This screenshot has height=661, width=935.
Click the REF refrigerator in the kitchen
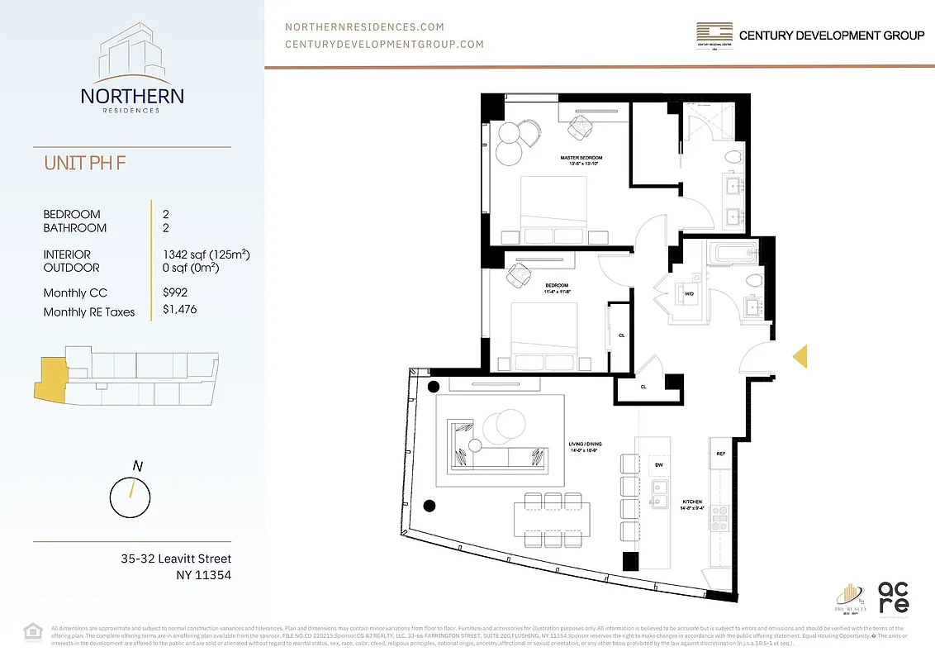pyautogui.click(x=720, y=454)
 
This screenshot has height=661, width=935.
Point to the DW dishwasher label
pyautogui.click(x=659, y=465)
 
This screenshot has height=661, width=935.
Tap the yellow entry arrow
pyautogui.click(x=800, y=356)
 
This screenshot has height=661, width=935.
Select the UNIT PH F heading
pyautogui.click(x=85, y=163)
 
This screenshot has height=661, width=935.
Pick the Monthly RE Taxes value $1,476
pyautogui.click(x=180, y=310)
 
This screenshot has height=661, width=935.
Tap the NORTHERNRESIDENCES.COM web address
pyautogui.click(x=364, y=27)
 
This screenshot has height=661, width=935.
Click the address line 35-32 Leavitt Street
pyautogui.click(x=176, y=559)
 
